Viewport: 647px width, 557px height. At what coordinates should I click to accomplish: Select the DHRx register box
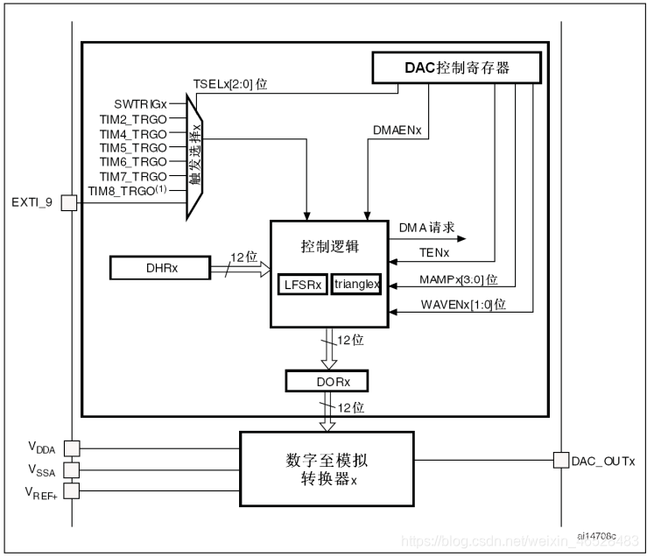(160, 268)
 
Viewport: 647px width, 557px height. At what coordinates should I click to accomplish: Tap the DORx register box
(327, 381)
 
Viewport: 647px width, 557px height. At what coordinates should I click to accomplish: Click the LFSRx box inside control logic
(302, 286)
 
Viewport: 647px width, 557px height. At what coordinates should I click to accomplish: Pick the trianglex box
(356, 286)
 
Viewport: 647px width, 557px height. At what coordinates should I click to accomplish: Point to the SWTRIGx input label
(139, 103)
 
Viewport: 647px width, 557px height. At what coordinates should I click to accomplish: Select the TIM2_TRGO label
(133, 118)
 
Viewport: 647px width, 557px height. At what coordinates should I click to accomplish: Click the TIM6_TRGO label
(133, 162)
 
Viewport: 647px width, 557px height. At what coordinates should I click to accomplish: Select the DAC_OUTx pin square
(560, 460)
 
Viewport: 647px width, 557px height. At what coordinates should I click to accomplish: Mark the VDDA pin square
(71, 448)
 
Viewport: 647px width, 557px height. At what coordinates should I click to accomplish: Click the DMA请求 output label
(427, 227)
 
